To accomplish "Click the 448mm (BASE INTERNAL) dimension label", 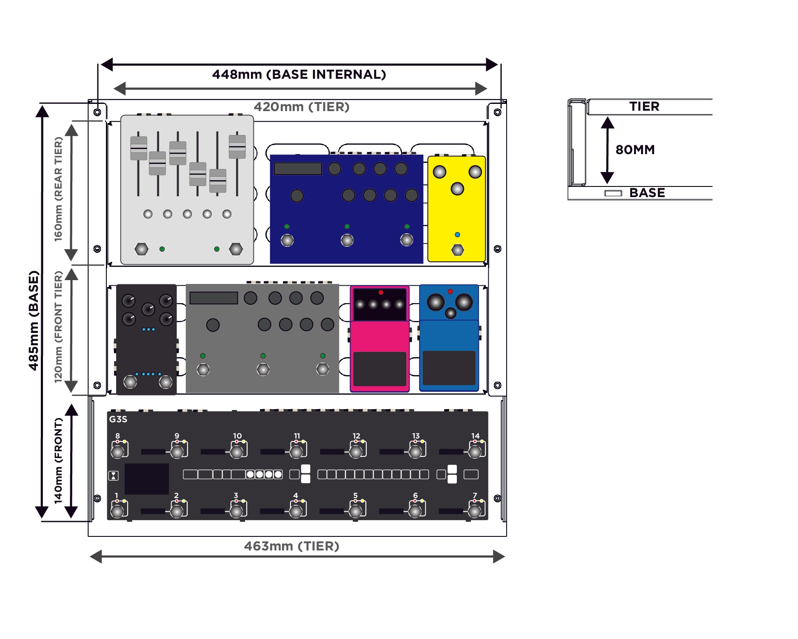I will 299,75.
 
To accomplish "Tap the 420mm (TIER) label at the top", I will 302,107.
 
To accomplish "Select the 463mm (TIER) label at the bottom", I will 291,546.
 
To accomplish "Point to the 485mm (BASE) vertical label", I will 34,321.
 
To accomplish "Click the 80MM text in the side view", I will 635,150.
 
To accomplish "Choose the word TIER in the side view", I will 644,106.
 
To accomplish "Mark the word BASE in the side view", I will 647,193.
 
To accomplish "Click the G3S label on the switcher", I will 118,419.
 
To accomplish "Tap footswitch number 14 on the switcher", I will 475,451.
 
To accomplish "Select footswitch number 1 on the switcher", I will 117,510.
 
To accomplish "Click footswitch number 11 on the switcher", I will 296,451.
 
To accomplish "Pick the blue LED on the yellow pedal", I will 457,235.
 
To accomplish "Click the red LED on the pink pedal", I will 381,292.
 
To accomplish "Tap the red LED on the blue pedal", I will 450,292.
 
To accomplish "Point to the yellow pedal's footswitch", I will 457,250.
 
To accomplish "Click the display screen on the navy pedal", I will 297,169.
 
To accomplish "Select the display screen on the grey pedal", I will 214,298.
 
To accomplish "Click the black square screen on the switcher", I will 146,479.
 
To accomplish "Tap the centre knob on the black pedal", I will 148,309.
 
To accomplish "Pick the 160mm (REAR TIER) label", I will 58,189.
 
